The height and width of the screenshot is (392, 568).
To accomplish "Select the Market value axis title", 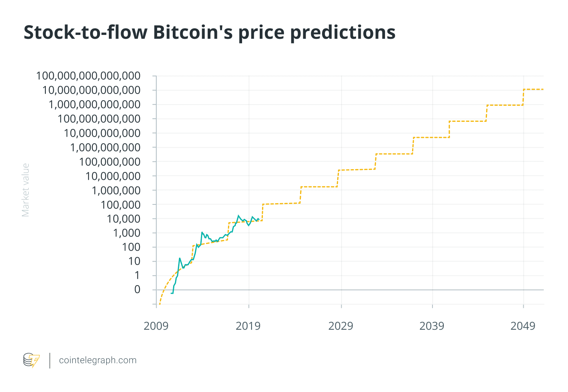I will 25,190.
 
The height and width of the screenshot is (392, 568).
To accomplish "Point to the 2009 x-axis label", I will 156,326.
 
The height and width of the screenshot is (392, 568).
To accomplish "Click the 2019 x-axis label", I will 248,326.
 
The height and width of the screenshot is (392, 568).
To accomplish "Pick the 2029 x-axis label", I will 340,326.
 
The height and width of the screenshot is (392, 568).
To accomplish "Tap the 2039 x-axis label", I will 432,326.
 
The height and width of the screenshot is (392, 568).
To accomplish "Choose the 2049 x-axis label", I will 523,326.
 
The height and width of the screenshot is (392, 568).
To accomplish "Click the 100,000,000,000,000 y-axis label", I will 88,76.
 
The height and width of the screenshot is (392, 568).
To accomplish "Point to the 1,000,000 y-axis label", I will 116,190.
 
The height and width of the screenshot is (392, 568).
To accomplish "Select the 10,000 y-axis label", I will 123,219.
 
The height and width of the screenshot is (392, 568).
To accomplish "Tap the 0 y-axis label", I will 137,289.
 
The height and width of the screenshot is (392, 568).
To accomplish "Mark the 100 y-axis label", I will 131,247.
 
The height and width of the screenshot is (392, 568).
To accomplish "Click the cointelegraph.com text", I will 98,360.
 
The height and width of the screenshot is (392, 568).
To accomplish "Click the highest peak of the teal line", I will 238,216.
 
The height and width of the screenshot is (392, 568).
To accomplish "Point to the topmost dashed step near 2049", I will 533,90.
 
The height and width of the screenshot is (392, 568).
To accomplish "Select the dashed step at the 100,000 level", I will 281,204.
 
